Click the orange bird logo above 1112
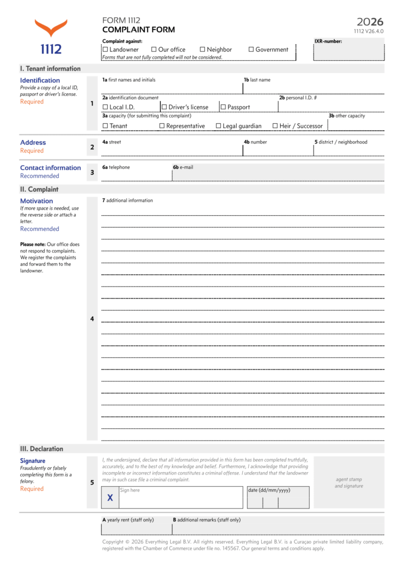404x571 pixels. tap(51, 28)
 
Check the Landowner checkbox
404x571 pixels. tap(105, 50)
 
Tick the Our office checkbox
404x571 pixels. tap(154, 50)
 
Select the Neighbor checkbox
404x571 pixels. tap(203, 50)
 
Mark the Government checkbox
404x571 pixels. tap(251, 50)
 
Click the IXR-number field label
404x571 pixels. tap(328, 41)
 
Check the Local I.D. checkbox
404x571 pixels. tap(105, 107)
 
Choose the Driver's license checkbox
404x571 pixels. tap(165, 107)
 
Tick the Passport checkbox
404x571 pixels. tap(223, 107)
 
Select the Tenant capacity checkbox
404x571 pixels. tap(105, 126)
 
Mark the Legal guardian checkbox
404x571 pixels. tap(219, 126)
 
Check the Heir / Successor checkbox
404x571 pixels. tap(275, 126)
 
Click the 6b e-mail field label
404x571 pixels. tap(183, 167)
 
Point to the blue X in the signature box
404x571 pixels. tap(110, 498)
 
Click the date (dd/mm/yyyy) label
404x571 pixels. tap(270, 491)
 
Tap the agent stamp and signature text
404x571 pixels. tap(349, 483)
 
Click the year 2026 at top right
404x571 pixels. tap(371, 22)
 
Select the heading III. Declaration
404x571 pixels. tap(41, 449)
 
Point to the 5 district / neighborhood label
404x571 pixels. tap(340, 142)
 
